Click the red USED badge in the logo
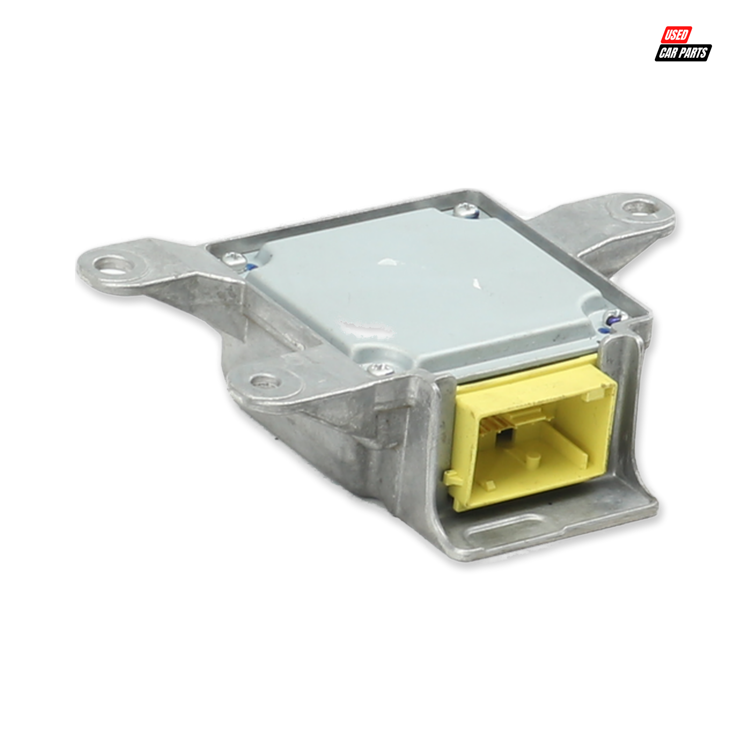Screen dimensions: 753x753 click(676, 35)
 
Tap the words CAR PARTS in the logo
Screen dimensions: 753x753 click(683, 53)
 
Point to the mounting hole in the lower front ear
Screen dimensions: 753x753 click(265, 381)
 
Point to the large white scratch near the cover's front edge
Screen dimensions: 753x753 click(366, 327)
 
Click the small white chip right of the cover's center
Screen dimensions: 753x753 click(476, 283)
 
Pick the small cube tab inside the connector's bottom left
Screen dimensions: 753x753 click(489, 485)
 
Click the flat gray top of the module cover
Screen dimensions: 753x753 click(421, 288)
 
